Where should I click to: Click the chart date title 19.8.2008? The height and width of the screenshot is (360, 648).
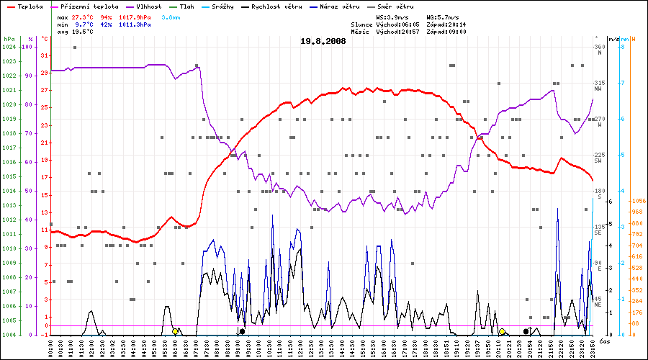[323, 41]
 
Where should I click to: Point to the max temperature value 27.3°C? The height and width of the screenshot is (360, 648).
[82, 16]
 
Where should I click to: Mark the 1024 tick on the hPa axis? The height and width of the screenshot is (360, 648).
[9, 47]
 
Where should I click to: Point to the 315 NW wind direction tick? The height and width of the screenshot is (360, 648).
[598, 85]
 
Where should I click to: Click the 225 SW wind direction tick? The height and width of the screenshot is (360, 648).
[598, 157]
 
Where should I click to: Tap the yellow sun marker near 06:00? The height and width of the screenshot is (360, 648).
[175, 331]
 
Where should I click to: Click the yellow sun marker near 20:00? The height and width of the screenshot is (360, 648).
[502, 331]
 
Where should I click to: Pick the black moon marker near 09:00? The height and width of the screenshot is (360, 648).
[242, 331]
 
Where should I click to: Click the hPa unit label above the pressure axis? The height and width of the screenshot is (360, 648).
[9, 38]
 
